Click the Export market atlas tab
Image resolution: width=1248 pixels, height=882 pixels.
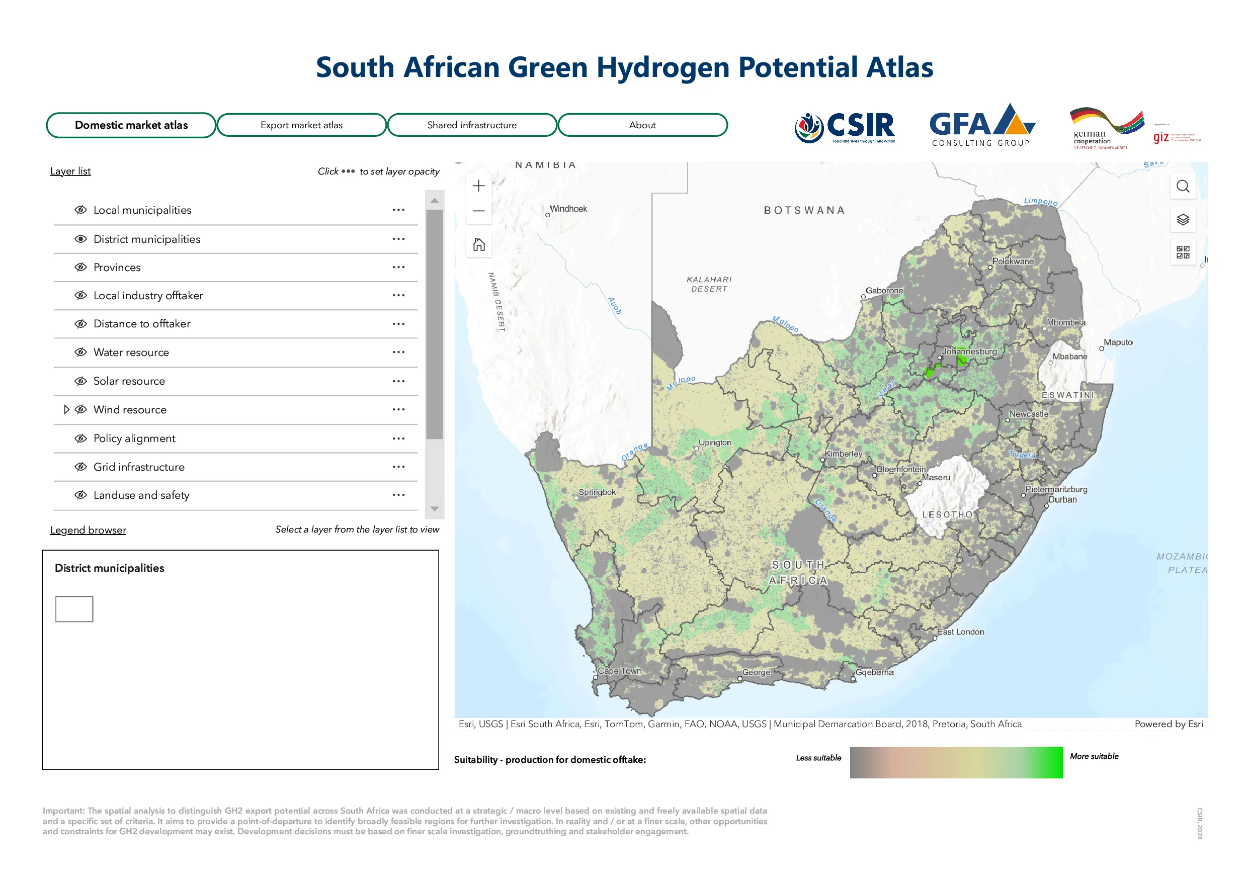coord(301,125)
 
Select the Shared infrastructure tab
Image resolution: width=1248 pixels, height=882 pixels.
coord(472,125)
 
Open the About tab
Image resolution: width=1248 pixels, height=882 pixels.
coord(642,125)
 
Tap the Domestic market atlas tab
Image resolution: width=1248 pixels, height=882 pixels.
coord(131,125)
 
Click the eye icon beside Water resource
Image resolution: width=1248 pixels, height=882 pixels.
coord(81,352)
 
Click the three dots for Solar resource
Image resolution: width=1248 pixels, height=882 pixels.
coord(398,381)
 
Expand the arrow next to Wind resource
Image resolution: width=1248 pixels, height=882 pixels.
coord(66,410)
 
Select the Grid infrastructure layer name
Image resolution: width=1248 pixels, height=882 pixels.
coord(139,467)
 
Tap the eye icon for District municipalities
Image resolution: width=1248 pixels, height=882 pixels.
coord(81,239)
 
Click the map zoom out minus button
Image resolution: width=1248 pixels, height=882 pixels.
coord(479,211)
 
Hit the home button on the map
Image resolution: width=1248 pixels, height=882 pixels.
coord(479,244)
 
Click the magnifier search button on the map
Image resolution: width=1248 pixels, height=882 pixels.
coord(1183,187)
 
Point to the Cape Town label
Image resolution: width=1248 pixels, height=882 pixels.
coord(620,671)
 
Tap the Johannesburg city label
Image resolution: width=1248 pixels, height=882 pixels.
coord(969,351)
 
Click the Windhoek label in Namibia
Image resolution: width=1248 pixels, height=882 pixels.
coord(568,209)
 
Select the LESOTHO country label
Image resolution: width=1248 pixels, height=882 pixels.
coord(947,514)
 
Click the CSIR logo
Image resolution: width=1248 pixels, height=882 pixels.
coord(845,127)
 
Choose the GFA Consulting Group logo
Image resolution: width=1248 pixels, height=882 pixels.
coord(982,126)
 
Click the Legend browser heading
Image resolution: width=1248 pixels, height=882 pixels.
coord(88,530)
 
